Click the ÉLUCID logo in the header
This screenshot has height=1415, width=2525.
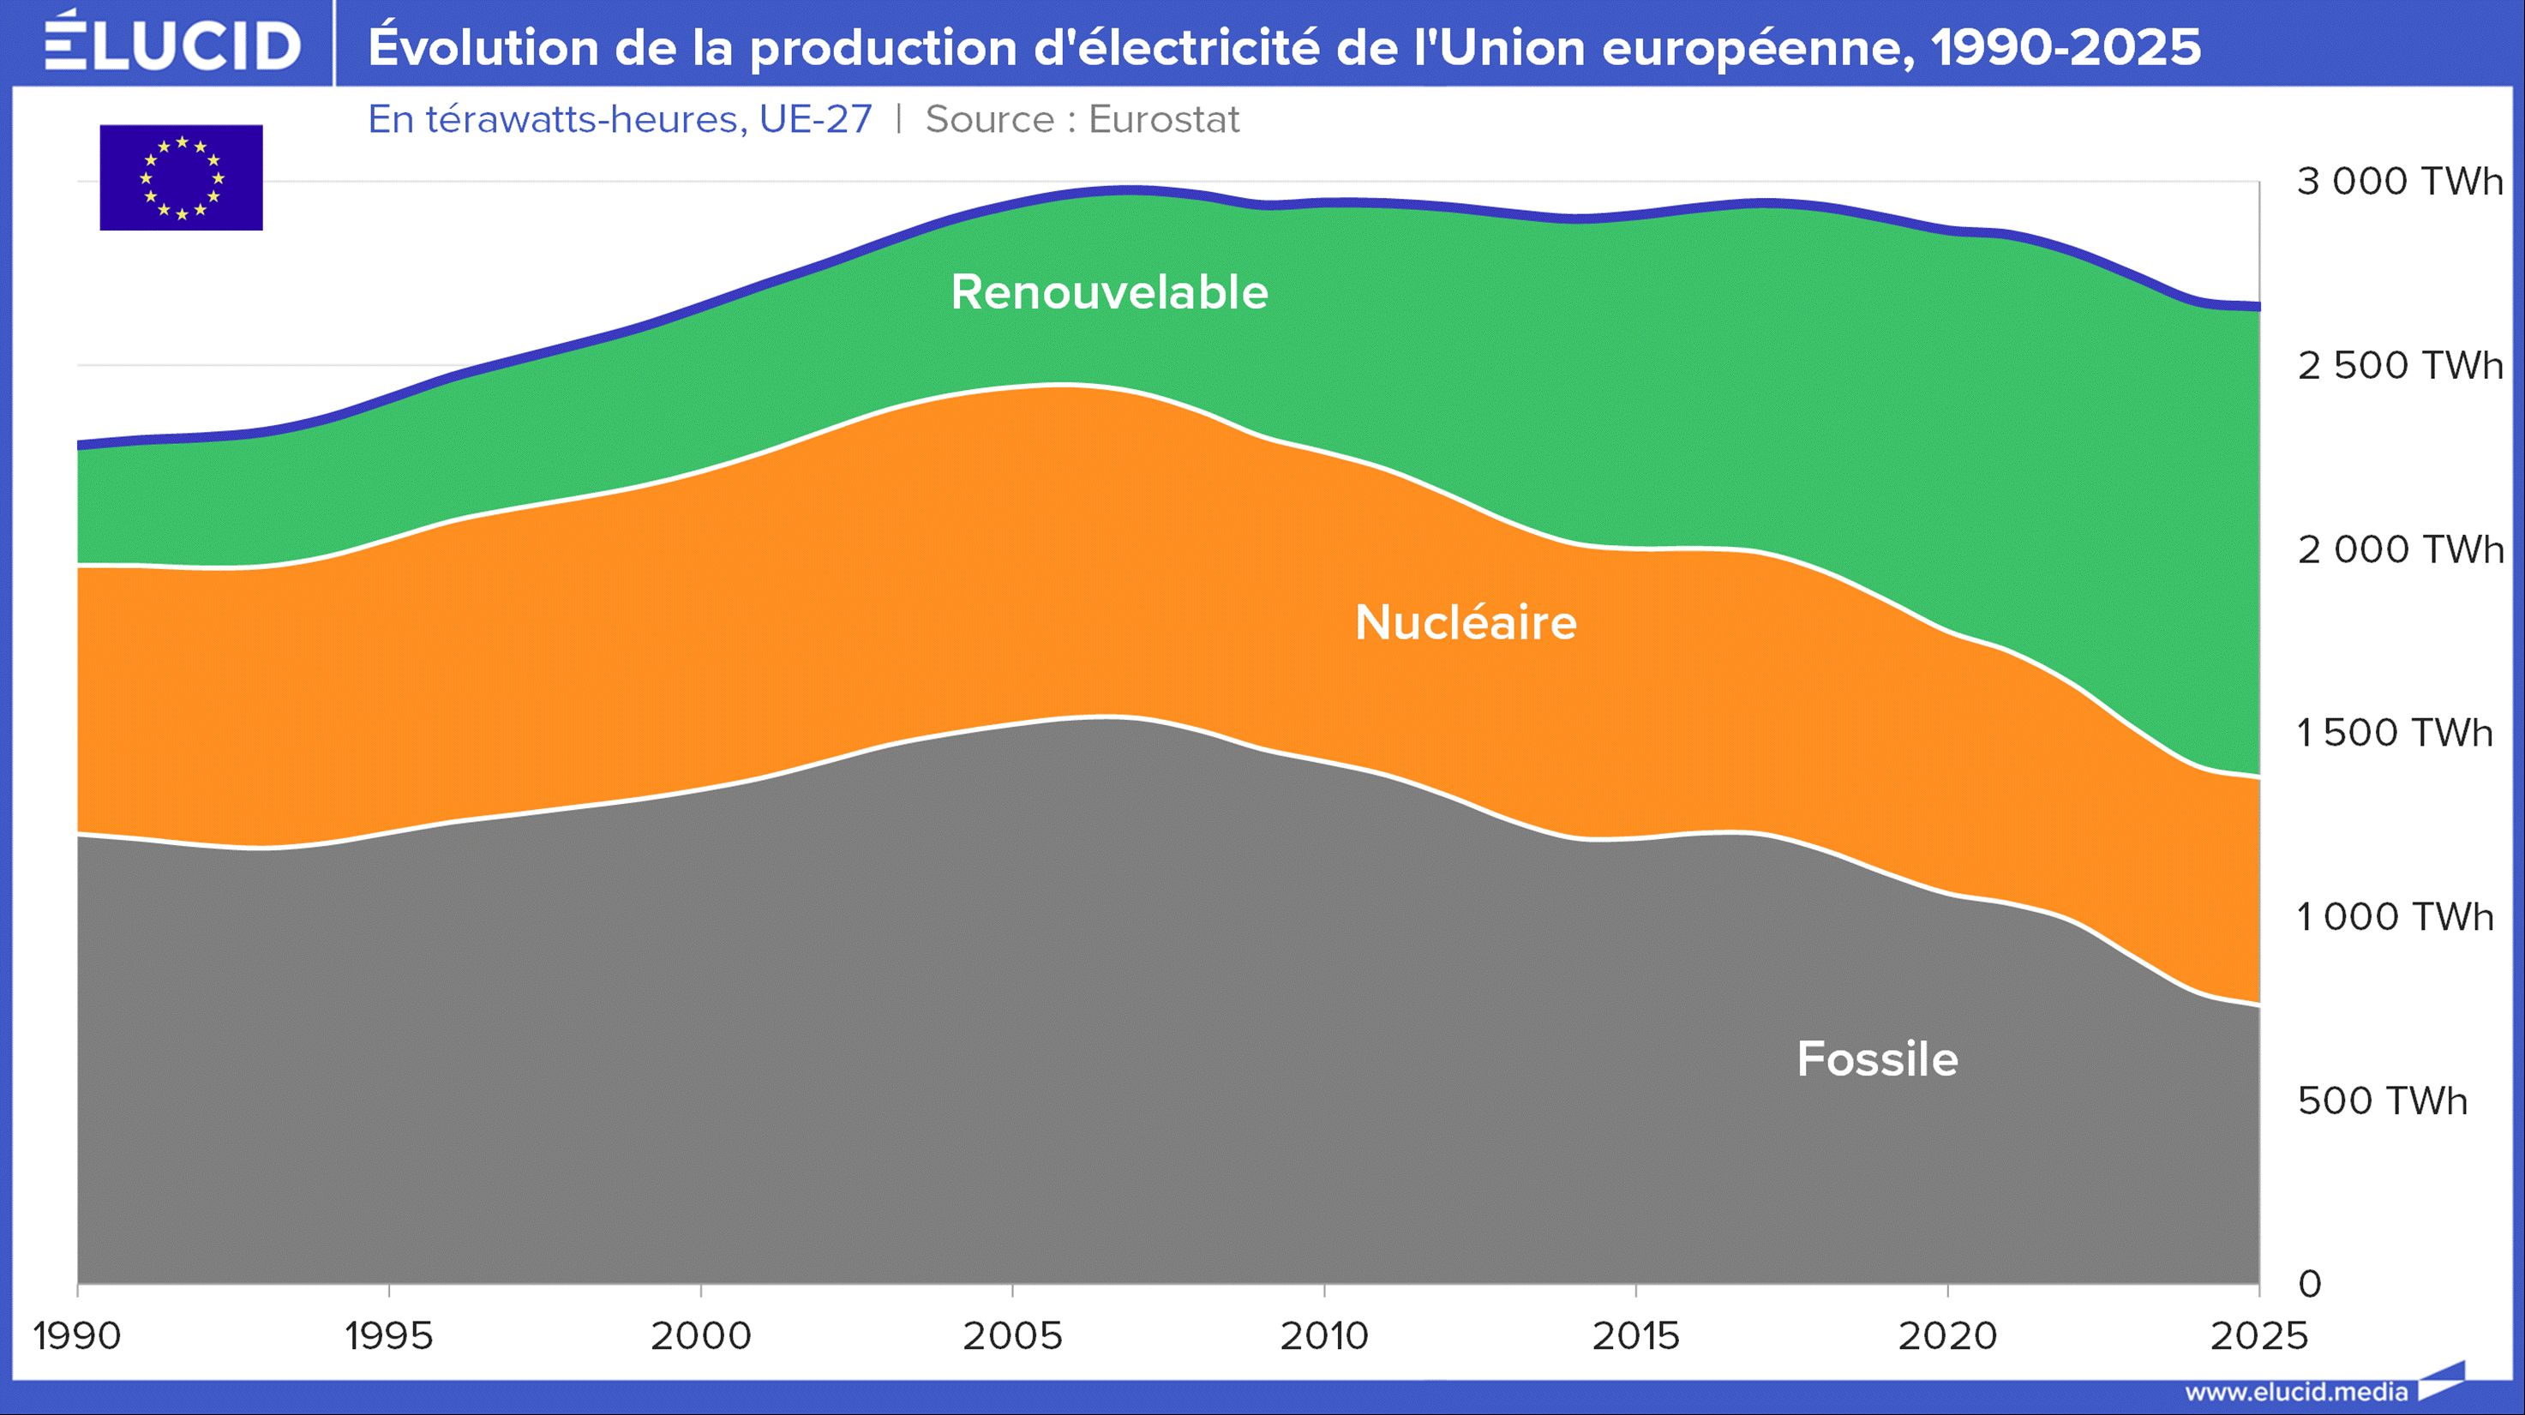(x=172, y=44)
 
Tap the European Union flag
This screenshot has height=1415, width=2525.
(x=182, y=177)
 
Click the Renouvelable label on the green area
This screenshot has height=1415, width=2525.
(x=1108, y=292)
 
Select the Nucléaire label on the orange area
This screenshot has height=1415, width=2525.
(x=1466, y=622)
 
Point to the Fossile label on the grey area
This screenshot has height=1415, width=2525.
(x=1877, y=1059)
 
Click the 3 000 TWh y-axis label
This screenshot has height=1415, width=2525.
(x=2400, y=182)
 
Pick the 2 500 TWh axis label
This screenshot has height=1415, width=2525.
(x=2400, y=365)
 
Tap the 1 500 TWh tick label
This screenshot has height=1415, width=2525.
(x=2395, y=732)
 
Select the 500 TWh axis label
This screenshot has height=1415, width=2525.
(x=2382, y=1100)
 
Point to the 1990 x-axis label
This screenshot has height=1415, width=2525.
(x=77, y=1335)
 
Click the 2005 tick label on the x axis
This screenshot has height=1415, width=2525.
(x=1012, y=1335)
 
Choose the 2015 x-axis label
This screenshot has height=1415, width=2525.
(x=1635, y=1335)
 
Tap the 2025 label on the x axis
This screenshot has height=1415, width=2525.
(x=2258, y=1335)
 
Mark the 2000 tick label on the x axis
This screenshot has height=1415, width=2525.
(x=701, y=1335)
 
